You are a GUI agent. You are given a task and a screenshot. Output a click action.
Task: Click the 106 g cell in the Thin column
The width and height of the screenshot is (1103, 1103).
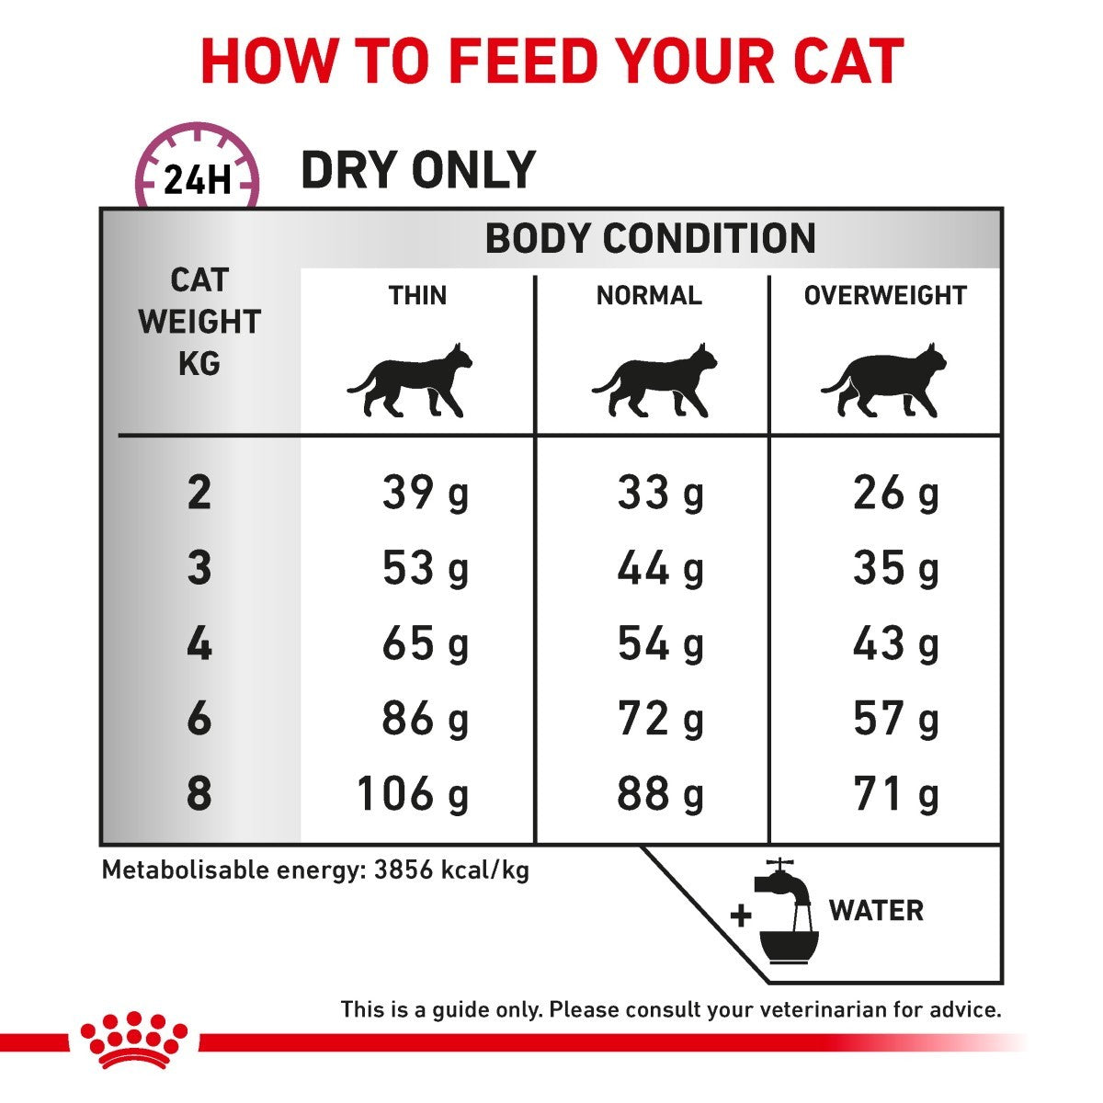(413, 793)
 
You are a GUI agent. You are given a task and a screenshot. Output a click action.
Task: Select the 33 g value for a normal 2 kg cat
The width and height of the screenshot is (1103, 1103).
(660, 494)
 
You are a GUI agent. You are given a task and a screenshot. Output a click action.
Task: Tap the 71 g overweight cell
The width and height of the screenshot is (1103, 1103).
(895, 793)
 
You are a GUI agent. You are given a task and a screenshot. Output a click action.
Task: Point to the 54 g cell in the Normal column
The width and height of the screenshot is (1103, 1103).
(660, 643)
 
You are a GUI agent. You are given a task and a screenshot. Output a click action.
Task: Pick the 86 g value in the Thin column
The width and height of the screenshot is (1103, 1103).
(425, 719)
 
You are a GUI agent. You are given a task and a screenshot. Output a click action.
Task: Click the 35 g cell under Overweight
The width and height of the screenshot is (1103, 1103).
(895, 568)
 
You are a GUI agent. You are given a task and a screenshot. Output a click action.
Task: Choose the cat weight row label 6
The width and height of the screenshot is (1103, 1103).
(199, 719)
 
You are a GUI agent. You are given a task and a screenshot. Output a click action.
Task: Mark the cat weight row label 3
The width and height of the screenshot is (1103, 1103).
(199, 568)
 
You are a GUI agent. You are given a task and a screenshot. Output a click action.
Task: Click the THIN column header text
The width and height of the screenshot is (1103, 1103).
(417, 296)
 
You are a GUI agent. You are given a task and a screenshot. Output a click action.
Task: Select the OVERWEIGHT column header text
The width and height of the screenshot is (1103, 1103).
(885, 296)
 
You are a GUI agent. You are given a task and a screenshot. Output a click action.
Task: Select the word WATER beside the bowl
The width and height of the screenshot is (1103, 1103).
(876, 911)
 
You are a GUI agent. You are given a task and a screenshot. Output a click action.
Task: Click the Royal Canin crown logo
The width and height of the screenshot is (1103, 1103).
(133, 1039)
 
